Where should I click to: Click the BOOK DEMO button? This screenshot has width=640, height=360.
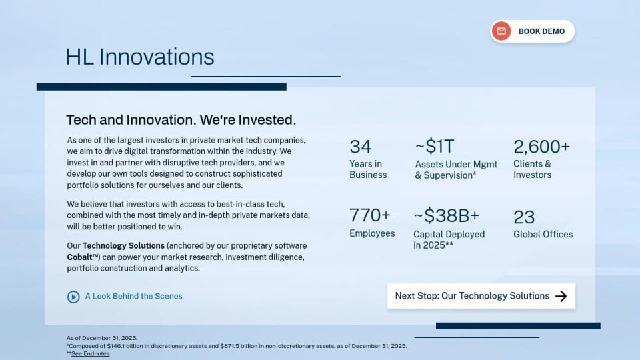pyautogui.click(x=532, y=31)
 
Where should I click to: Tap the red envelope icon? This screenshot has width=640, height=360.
pyautogui.click(x=501, y=31)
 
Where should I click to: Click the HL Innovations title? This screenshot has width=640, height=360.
pyautogui.click(x=139, y=57)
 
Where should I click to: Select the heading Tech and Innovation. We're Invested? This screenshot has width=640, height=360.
pyautogui.click(x=181, y=120)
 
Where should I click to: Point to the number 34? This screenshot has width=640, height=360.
pyautogui.click(x=361, y=147)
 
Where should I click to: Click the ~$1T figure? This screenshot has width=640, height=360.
pyautogui.click(x=435, y=146)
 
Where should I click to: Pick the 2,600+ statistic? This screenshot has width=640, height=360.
pyautogui.click(x=541, y=147)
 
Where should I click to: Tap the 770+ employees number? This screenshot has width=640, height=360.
pyautogui.click(x=370, y=215)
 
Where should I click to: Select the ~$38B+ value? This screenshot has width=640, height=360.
pyautogui.click(x=446, y=215)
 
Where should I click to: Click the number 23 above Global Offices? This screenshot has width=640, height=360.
pyautogui.click(x=524, y=217)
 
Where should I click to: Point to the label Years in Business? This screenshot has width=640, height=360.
pyautogui.click(x=368, y=169)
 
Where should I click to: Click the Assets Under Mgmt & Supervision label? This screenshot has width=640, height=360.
pyautogui.click(x=456, y=170)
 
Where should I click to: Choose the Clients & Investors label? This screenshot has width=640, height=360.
pyautogui.click(x=532, y=169)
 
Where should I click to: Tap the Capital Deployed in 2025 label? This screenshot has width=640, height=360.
pyautogui.click(x=449, y=239)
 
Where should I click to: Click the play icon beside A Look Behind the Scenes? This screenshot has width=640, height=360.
pyautogui.click(x=73, y=297)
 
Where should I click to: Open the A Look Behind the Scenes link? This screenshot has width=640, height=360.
pyautogui.click(x=133, y=296)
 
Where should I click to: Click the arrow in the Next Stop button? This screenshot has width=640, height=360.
pyautogui.click(x=561, y=296)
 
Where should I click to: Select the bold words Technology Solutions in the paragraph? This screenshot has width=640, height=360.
pyautogui.click(x=123, y=246)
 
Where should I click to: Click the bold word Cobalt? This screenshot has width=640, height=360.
pyautogui.click(x=79, y=257)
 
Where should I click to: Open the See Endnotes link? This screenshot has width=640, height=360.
pyautogui.click(x=90, y=353)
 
